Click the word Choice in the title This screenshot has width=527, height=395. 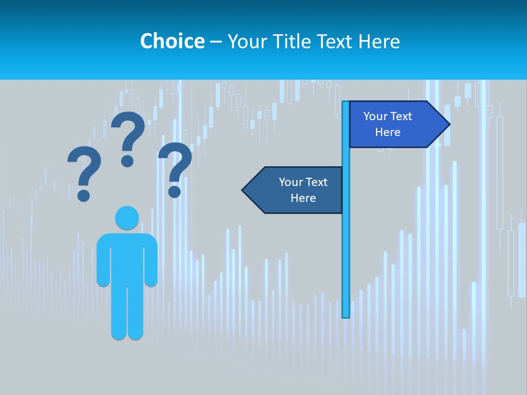coord(172,41)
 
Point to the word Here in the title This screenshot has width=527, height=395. coord(379,41)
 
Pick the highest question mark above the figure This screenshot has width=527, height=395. coord(128,137)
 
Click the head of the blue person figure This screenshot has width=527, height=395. coord(127,218)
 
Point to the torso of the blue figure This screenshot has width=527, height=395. coord(127,258)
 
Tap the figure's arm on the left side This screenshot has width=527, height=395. coord(103,261)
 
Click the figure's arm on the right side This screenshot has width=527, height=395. coord(152,261)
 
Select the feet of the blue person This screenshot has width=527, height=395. coord(127,334)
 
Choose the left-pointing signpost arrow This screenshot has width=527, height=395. coord(294,190)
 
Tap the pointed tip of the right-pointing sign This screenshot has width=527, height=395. coord(448,124)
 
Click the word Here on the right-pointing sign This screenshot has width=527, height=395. coord(388,132)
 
